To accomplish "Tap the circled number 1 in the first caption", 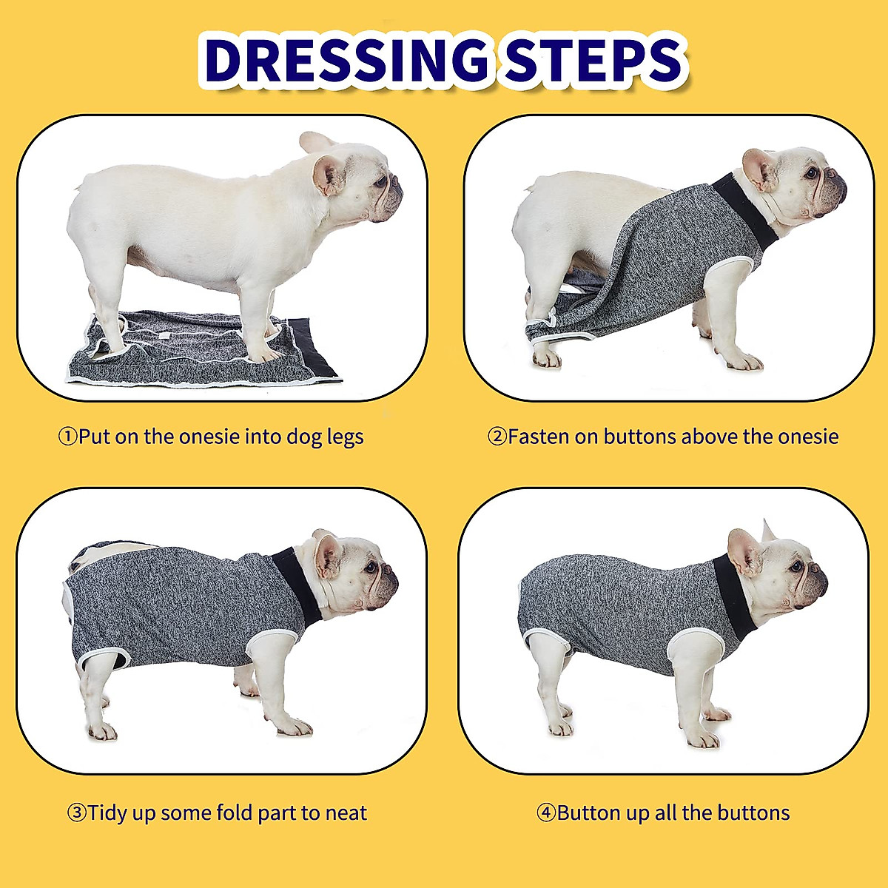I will click(67, 437).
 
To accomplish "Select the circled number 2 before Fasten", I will click(497, 437).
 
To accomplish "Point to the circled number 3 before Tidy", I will click(77, 813).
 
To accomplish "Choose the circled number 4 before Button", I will click(545, 813).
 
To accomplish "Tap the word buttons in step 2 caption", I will click(640, 437).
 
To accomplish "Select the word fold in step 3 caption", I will click(235, 813).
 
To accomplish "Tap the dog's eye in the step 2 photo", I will click(813, 172).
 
